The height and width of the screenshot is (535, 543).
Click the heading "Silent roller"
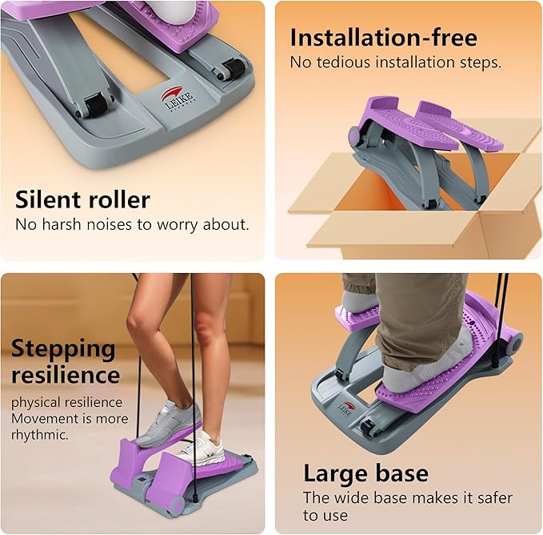82,199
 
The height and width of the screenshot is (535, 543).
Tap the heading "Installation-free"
384,37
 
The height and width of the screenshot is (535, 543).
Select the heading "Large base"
365,473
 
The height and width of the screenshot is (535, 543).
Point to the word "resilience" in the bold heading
66,375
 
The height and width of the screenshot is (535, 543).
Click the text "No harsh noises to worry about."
132,224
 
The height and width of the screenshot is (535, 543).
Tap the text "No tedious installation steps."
396,62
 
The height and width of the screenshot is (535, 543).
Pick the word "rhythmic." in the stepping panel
40,435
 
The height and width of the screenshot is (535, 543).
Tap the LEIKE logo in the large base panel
346,409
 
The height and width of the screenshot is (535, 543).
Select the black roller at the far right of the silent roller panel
233,68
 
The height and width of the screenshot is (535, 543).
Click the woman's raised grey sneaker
170,423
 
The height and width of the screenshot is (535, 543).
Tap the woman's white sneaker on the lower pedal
204,448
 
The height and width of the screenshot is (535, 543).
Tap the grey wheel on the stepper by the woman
176,506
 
